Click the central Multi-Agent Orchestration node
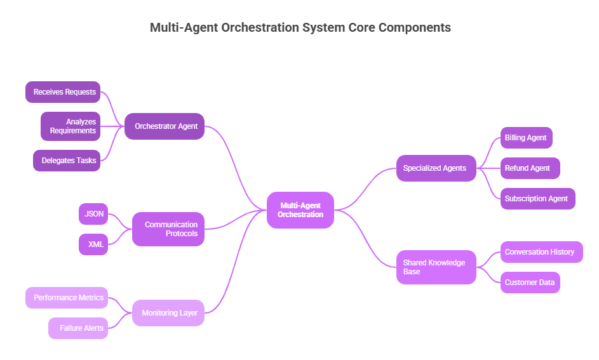(x=300, y=210)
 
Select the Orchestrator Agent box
(x=165, y=126)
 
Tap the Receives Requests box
(x=64, y=92)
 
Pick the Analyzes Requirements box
(x=71, y=126)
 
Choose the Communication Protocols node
(x=168, y=229)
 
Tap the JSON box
(x=93, y=214)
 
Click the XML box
(x=93, y=244)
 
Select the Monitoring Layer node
(x=168, y=313)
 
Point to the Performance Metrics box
(x=67, y=298)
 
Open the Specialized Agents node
(x=436, y=168)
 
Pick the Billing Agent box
(x=526, y=138)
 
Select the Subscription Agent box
(x=537, y=199)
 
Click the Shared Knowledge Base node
(x=436, y=267)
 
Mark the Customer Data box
(x=530, y=283)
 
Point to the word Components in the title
(x=415, y=27)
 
